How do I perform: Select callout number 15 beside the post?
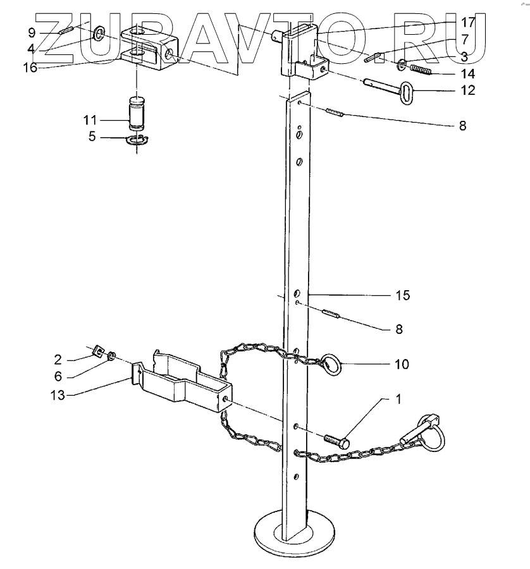pos(403,295)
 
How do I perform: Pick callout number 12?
pos(469,90)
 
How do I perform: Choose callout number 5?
pos(92,135)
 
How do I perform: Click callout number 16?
pos(30,67)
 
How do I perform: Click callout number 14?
pos(469,74)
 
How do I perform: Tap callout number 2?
pos(58,360)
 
